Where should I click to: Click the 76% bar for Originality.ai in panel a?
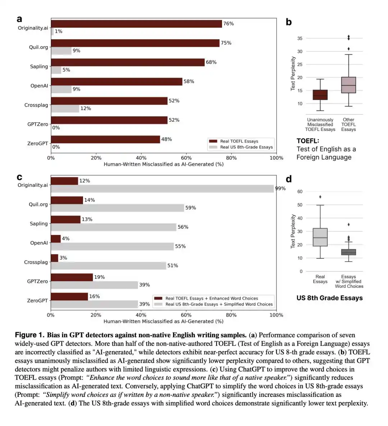[137, 24]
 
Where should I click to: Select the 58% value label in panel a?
[189, 82]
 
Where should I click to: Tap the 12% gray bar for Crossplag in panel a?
[65, 109]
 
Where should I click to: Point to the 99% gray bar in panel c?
[162, 189]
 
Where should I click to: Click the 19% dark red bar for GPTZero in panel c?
[72, 277]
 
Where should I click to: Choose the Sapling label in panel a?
[39, 67]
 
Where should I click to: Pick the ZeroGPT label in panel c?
[37, 301]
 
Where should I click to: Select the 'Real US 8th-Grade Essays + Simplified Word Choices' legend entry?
[213, 304]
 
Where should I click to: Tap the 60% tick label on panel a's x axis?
[186, 158]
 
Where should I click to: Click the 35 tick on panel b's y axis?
[300, 38]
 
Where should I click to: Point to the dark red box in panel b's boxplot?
[320, 95]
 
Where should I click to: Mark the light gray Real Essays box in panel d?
[320, 237]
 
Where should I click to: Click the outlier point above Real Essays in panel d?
[320, 197]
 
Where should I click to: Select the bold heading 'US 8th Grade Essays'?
[330, 298]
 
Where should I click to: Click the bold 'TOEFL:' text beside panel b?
[308, 141]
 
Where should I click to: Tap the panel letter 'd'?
[289, 179]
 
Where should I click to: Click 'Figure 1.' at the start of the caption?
[29, 335]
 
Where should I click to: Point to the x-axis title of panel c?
[163, 321]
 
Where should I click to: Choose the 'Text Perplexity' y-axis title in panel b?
[293, 74]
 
